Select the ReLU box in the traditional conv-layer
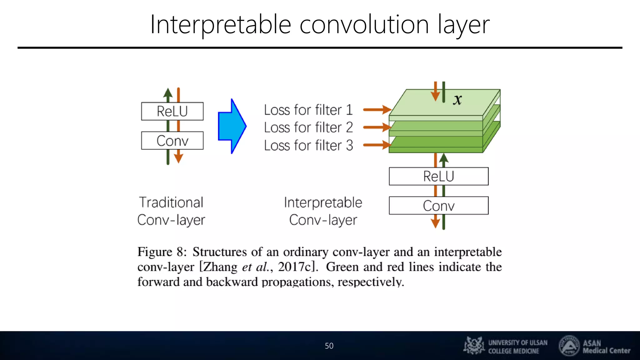(x=172, y=111)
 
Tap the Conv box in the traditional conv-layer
(x=172, y=141)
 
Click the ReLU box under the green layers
(x=438, y=176)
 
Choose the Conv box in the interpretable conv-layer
(x=438, y=206)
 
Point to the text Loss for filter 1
(x=308, y=110)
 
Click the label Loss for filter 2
(x=308, y=127)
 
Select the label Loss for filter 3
(x=308, y=145)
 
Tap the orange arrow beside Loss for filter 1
(x=377, y=110)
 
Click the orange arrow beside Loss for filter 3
(x=377, y=145)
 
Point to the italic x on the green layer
(x=457, y=100)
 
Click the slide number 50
(x=329, y=346)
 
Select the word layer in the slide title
(x=463, y=25)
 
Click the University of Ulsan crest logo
(x=474, y=345)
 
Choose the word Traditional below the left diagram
(x=171, y=202)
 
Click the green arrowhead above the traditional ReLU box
(x=168, y=93)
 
